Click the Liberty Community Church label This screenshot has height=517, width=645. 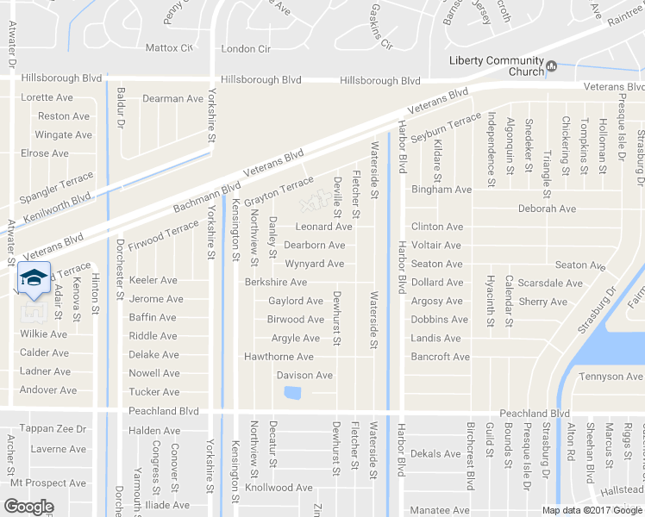coord(497,65)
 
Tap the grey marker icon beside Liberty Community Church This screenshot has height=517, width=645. coord(552,65)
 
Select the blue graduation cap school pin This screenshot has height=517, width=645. coord(34,277)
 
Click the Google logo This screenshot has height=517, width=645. coord(29,507)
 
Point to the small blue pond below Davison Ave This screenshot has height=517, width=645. coord(291,394)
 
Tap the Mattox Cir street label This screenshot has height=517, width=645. coord(168,48)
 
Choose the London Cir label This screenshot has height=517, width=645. coord(247,49)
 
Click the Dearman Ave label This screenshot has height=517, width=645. coord(172,98)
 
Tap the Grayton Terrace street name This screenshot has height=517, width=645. coord(279,191)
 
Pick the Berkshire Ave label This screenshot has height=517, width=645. coord(276,282)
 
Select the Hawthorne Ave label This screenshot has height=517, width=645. coord(279,357)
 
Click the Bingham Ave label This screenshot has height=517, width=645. coord(441,189)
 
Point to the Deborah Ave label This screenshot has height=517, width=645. coord(547,209)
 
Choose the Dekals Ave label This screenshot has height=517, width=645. coord(436,454)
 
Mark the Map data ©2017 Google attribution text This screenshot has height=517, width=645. coord(592,509)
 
